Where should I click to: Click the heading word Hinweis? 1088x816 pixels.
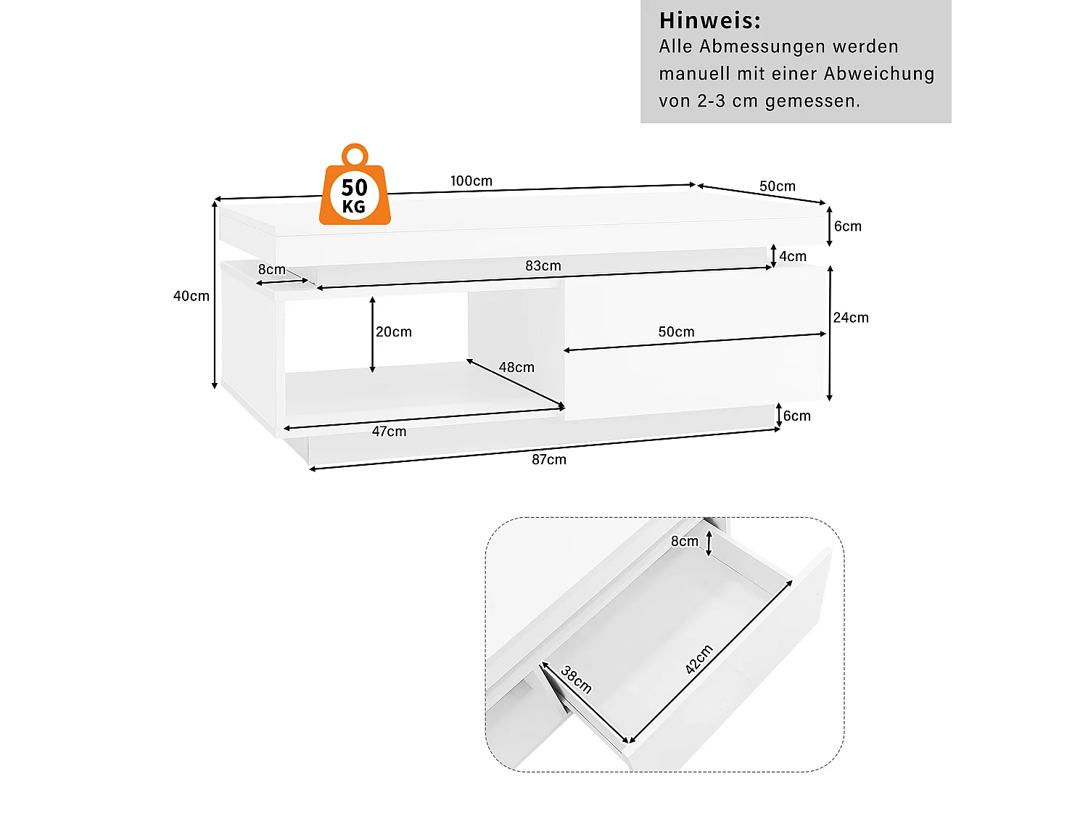(709, 20)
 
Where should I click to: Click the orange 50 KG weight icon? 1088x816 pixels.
(355, 187)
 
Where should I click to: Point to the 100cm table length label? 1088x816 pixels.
(471, 181)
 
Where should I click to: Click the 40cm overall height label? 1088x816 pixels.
(191, 296)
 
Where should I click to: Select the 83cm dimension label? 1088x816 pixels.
(543, 265)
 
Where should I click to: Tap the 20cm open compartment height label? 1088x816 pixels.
(394, 331)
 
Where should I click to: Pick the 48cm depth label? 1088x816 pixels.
(516, 367)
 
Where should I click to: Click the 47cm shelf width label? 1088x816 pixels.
(389, 431)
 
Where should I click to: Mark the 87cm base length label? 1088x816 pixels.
(548, 459)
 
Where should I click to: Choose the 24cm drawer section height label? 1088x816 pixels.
(850, 318)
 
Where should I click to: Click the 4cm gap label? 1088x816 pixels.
(793, 256)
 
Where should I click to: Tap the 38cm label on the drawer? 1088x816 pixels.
(577, 680)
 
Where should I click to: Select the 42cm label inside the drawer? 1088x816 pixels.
(699, 659)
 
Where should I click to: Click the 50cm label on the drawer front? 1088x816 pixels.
(676, 331)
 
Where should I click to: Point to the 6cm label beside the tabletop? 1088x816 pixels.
(847, 226)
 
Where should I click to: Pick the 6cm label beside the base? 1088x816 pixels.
(796, 416)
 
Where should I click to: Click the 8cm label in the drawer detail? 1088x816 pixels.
(684, 541)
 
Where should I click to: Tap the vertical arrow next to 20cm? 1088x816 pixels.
(372, 334)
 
